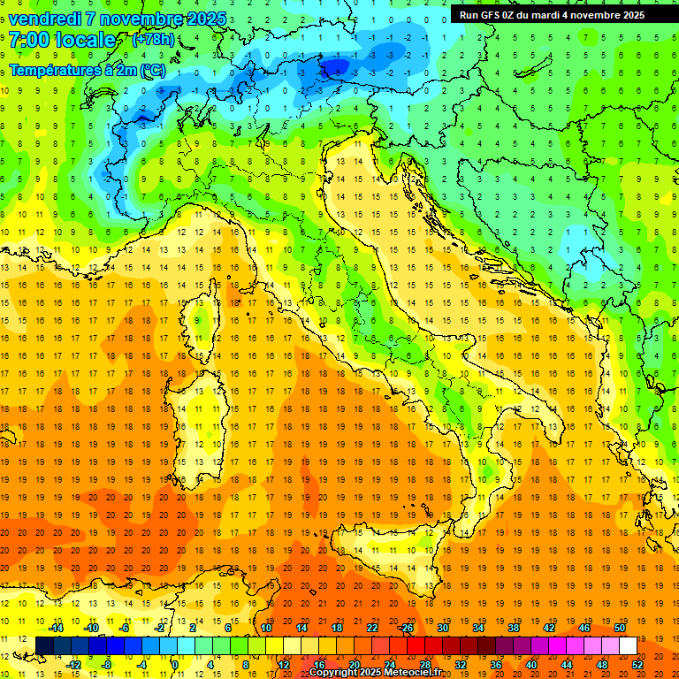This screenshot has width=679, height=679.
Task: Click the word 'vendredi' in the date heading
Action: pos(46,19)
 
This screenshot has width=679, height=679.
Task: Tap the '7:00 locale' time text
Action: pos(62,41)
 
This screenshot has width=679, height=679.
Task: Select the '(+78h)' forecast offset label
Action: pos(153,40)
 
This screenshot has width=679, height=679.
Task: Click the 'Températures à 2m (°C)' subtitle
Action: pos(87,70)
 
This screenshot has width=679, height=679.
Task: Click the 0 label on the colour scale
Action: pos(175,664)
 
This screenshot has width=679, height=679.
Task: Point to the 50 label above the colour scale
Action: pos(620,628)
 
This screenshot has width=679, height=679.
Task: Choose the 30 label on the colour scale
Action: pos(443,628)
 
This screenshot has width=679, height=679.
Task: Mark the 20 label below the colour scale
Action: pos(354,664)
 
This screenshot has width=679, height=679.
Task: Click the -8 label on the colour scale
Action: pos(107,664)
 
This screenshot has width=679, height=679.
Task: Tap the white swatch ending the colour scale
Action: pos(628,645)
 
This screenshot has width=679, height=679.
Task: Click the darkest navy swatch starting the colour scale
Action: pos(44,645)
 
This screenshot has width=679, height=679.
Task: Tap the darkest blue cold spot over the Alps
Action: pos(336,66)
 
